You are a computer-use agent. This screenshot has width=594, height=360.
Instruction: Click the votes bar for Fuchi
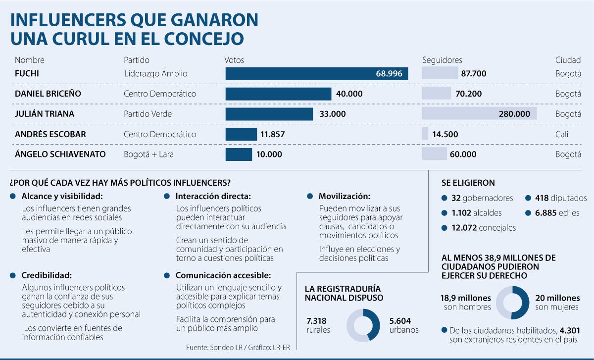coord(317,74)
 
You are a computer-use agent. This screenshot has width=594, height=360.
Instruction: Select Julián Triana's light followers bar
coord(479,114)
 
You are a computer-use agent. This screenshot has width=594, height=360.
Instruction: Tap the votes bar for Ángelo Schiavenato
coord(239,154)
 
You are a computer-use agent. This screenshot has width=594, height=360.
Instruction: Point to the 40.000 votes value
coord(349,94)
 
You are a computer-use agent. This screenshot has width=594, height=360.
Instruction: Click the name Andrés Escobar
coord(50,134)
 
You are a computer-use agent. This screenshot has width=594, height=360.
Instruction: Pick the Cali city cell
coord(562,134)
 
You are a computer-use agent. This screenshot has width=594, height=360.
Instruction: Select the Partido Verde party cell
coord(148,114)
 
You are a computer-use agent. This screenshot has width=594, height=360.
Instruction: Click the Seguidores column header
coord(442,60)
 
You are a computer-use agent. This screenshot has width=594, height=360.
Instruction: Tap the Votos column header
coord(234,60)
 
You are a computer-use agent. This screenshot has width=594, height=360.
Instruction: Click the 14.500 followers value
coord(445,134)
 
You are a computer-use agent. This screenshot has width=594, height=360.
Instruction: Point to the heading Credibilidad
coord(47,275)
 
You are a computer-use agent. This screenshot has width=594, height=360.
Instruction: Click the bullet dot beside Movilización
coord(309,196)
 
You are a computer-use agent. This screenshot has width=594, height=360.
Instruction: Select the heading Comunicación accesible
coord(223,275)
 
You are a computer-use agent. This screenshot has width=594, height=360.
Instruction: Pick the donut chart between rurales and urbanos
coord(363,325)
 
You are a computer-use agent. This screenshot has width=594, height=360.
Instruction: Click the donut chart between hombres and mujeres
coord(512,303)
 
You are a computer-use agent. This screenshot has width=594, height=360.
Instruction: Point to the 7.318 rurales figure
coord(317,321)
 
